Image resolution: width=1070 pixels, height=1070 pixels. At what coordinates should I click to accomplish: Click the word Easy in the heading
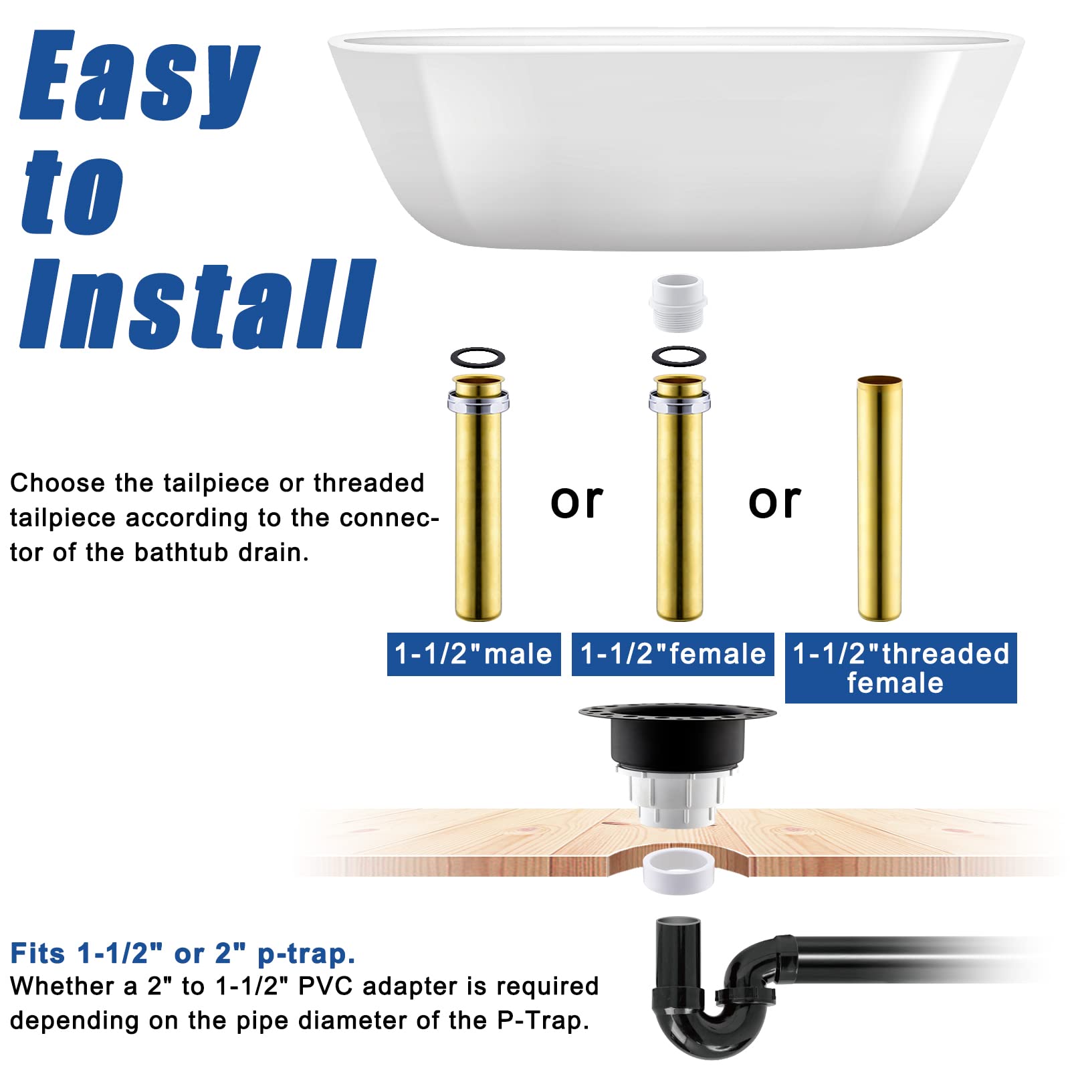coord(139,77)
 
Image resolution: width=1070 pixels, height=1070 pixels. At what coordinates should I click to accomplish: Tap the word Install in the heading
coord(197,304)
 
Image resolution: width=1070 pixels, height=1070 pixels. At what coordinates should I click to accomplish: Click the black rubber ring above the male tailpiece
coord(477,357)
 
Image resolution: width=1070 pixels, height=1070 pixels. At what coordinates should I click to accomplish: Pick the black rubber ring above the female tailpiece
coord(679,356)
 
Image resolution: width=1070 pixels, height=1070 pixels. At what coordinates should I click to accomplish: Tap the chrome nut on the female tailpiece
coord(679,401)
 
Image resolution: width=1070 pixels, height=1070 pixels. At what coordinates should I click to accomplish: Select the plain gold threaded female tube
coord(879,498)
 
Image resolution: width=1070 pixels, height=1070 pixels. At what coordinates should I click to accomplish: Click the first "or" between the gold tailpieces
coord(576,502)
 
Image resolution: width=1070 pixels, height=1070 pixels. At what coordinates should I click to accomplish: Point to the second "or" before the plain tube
coord(774,502)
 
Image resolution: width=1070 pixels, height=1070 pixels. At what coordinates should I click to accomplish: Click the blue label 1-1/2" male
coord(473,654)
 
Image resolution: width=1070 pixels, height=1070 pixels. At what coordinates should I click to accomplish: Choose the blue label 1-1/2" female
coord(673,654)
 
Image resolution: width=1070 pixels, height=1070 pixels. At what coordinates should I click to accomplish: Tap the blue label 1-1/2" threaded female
coord(900,667)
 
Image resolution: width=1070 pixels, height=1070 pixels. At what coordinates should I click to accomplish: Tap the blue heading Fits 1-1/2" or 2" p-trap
coord(183,953)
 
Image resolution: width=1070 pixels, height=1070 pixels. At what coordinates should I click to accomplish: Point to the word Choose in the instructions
coord(58,483)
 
